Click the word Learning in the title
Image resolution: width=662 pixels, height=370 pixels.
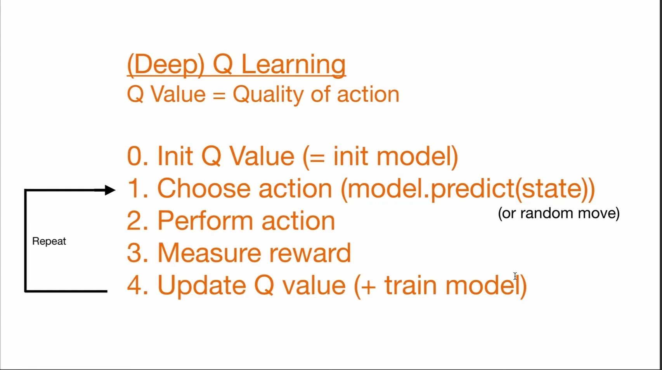click(293, 66)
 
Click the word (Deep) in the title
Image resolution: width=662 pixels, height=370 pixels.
click(166, 65)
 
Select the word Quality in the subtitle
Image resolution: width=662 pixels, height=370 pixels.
click(268, 95)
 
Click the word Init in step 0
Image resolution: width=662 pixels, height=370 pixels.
click(175, 156)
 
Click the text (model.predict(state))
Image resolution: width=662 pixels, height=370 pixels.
click(468, 190)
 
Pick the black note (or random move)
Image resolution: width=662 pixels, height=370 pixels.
click(559, 213)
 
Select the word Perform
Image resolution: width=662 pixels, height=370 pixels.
click(205, 221)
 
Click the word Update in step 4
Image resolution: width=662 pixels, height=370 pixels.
click(202, 286)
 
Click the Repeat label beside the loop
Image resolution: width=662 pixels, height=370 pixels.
click(49, 242)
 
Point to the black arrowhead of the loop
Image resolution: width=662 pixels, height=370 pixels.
click(110, 190)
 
